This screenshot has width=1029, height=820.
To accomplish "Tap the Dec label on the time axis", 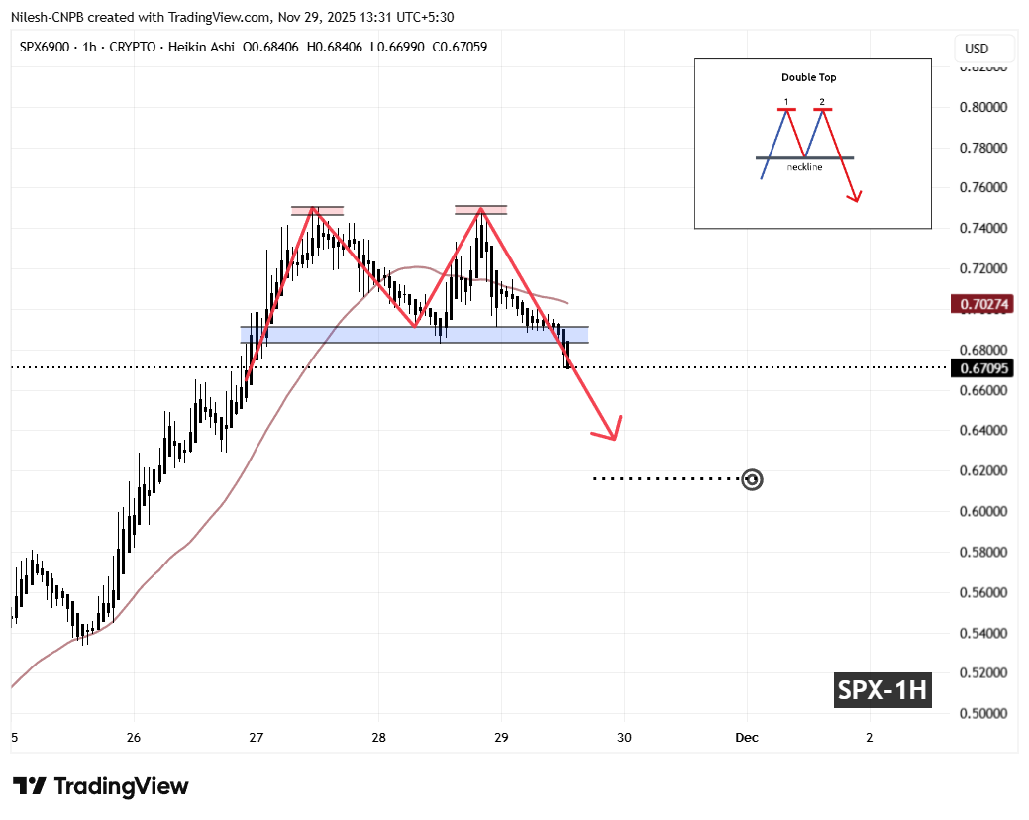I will pos(747,737).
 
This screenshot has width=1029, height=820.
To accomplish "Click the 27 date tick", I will pos(257,737).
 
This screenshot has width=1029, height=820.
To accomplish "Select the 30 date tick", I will pos(624,737).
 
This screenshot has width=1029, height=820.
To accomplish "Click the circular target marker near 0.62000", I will pos(753,479).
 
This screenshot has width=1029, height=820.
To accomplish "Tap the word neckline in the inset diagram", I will pos(804,167).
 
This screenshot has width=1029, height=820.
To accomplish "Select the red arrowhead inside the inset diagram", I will pos(856,196).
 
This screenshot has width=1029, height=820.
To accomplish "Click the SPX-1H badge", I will pos(880,690).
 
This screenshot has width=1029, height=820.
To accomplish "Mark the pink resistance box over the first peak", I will pos(317,210).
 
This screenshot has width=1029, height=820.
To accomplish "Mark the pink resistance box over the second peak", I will pos(480,209).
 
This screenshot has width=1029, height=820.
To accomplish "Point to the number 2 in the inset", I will pos(822,102).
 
